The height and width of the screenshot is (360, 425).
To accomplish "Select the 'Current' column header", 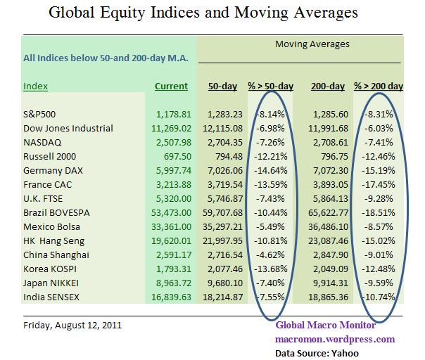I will tap(171, 86).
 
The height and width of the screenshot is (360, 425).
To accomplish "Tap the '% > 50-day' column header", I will tap(271, 86).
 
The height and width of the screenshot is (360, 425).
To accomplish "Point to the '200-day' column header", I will tap(327, 86).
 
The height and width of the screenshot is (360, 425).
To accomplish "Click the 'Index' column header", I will tap(36, 86).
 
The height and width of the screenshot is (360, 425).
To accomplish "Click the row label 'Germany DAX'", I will tap(53, 170).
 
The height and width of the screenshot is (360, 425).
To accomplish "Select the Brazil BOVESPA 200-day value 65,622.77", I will tap(326, 212).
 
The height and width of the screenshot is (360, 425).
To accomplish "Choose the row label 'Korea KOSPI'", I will tap(51, 268).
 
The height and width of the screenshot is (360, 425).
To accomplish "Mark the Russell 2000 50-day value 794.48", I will tap(226, 155).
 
